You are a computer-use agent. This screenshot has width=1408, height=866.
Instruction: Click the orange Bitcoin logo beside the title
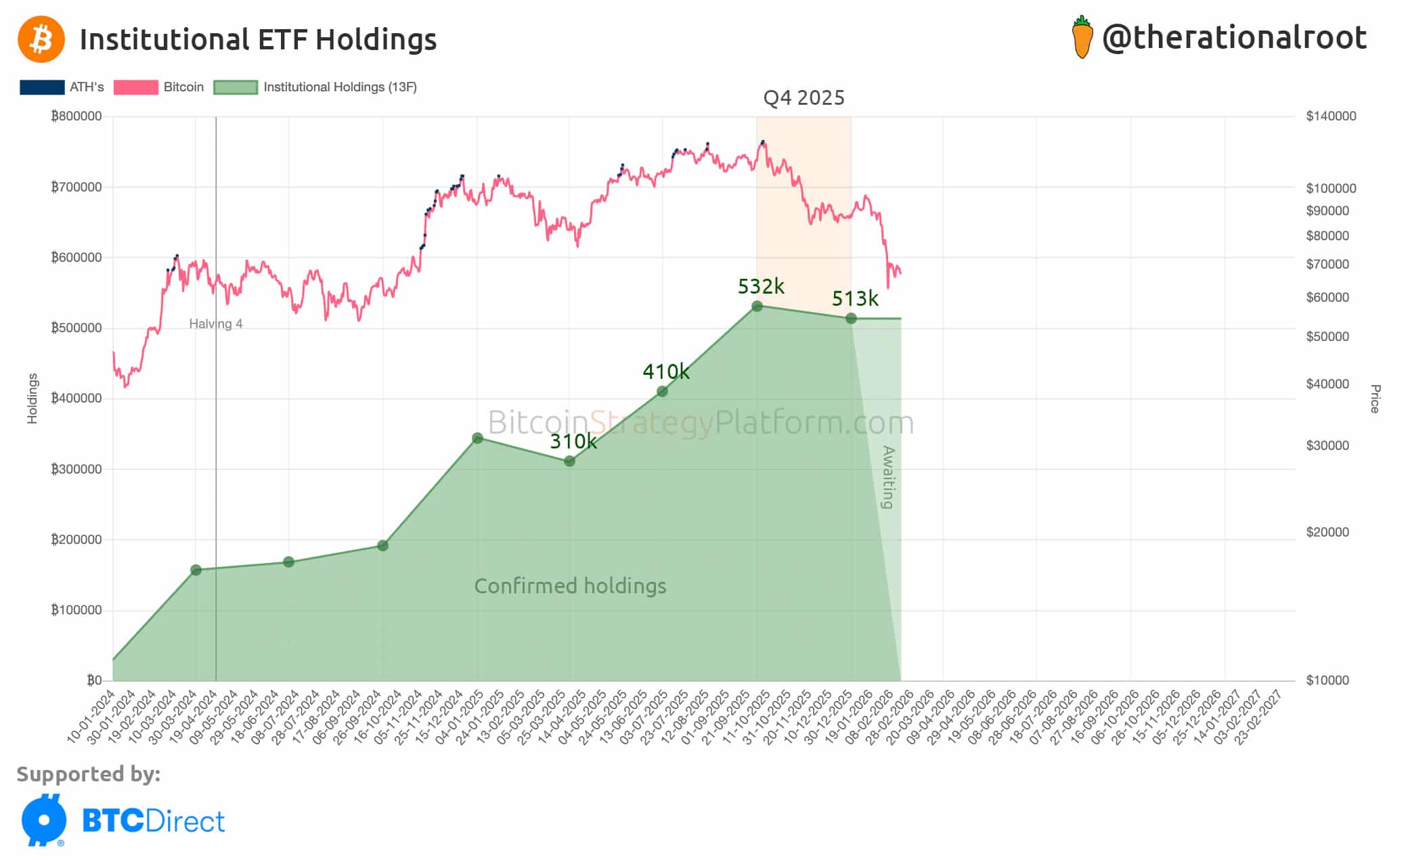pos(41,39)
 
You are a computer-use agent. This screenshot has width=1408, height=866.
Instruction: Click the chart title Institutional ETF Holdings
pos(258,39)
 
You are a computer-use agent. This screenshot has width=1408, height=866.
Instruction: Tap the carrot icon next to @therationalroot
pos(1082,38)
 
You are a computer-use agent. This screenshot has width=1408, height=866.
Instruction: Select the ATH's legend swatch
pos(42,87)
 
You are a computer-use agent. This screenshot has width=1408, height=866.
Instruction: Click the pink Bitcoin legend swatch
pos(135,87)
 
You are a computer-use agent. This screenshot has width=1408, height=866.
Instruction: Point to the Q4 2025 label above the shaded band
pos(804,98)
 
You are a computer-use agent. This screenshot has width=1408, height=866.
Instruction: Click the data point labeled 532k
pos(757,306)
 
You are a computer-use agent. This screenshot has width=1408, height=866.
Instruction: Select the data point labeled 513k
pos(851,318)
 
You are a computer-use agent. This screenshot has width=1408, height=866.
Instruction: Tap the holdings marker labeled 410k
pos(662,391)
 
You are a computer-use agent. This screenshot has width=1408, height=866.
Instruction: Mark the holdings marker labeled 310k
pos(569,461)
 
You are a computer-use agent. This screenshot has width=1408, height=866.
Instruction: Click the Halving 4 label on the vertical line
pos(215,324)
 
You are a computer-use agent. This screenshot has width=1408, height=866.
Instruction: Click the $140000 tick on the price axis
pos(1330,116)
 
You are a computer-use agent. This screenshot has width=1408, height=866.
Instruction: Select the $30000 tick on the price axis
pos(1327,445)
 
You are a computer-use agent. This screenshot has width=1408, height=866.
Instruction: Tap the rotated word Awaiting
pos(888,477)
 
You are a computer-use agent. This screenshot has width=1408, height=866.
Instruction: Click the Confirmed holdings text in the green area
pos(570,586)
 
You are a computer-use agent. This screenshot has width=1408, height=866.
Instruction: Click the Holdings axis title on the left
pos(32,398)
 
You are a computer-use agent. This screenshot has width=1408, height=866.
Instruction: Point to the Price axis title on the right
pos(1374,398)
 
